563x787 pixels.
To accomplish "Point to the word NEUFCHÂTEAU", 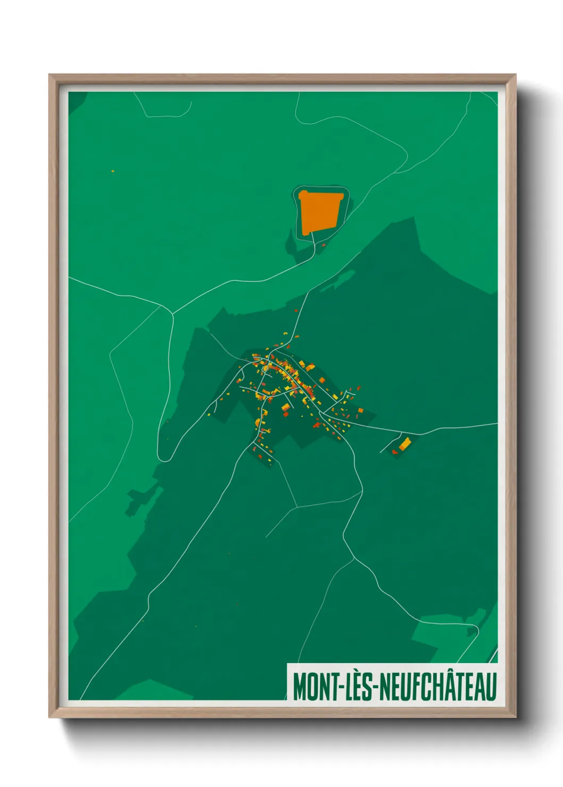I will click(439, 687).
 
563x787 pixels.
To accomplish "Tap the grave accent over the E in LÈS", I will click(360, 674).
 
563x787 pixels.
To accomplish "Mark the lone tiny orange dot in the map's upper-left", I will click(113, 171).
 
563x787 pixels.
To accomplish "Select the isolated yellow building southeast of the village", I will click(405, 443).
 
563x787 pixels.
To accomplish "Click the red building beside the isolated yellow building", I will click(395, 451).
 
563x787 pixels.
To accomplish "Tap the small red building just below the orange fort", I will click(324, 245).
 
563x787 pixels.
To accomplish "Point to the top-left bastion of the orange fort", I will click(302, 195).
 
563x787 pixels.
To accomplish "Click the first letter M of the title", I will click(299, 687).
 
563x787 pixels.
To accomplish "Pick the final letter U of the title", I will click(491, 687).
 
